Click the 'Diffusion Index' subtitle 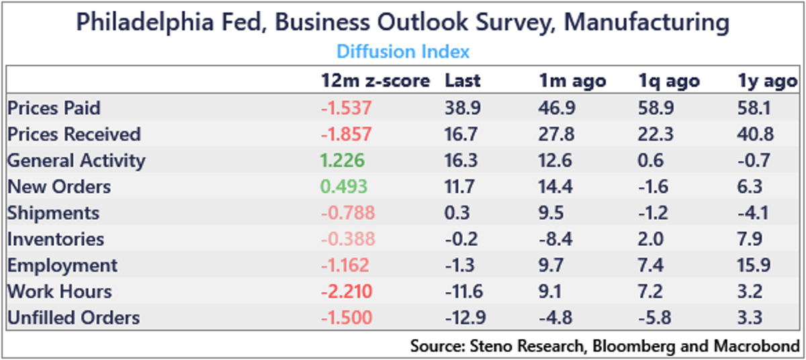coord(402,52)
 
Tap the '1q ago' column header coord(668,81)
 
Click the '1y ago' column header coord(766,81)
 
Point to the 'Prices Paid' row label coord(54,107)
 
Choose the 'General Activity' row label coord(76,161)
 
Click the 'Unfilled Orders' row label coord(73,318)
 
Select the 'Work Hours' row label coord(59,291)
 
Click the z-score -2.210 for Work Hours coord(347,291)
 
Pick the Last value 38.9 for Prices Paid coord(461,107)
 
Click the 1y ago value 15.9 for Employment coord(755,265)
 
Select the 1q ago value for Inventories coord(651,239)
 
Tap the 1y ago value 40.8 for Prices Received coord(756,134)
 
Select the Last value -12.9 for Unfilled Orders coord(463,318)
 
